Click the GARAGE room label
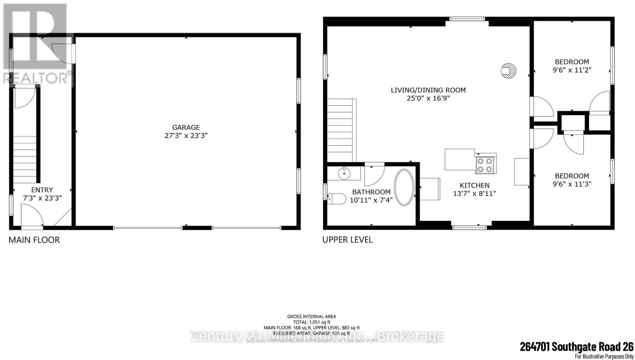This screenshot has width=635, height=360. tap(186, 127)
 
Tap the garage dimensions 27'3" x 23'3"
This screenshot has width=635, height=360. tap(186, 136)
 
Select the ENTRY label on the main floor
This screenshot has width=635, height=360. tap(42, 190)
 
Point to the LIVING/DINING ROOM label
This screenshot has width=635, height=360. tap(428, 90)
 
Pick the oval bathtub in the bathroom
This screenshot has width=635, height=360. tap(404, 188)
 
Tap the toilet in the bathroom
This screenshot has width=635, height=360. tap(335, 199)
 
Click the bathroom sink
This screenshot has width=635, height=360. tap(344, 173)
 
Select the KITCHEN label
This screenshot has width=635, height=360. tap(475, 185)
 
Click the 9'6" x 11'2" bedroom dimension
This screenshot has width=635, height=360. tap(572, 70)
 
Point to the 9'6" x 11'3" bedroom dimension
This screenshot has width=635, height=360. tap(572, 184)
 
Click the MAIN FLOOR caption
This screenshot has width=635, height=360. tap(34, 240)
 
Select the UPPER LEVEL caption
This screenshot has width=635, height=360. tap(347, 240)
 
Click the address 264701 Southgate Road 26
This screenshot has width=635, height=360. tap(577, 347)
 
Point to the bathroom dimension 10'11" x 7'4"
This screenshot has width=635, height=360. tap(371, 200)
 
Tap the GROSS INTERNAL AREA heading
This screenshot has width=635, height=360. tap(312, 316)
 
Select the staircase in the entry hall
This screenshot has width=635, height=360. tap(25, 159)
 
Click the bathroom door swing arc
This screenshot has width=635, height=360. tap(375, 175)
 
